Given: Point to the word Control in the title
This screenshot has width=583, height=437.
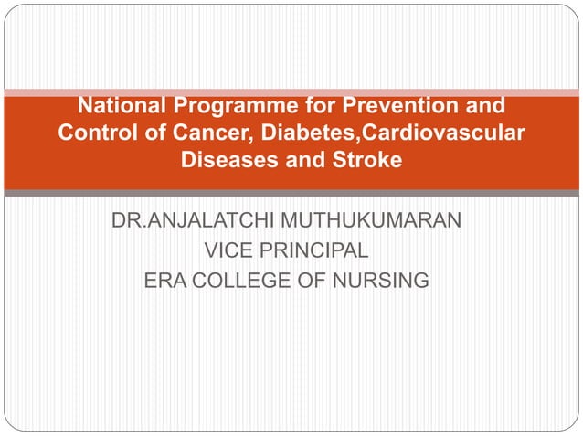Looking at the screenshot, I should pyautogui.click(x=94, y=133).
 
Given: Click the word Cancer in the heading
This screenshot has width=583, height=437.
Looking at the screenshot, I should pyautogui.click(x=187, y=133).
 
